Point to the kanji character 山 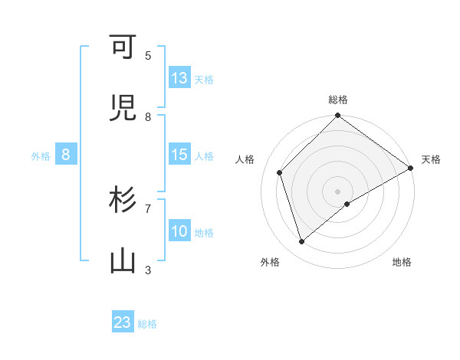point(123,261)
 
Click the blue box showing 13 point(179,78)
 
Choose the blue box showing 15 point(179,155)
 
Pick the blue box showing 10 point(179,231)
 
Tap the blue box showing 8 point(66,155)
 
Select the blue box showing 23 point(123,322)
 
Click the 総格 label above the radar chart point(338,100)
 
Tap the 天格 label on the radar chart point(431,159)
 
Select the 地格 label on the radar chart point(402,262)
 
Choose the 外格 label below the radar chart point(270,262)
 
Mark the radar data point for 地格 point(347,204)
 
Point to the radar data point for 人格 point(280,172)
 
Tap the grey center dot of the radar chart point(338,191)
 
